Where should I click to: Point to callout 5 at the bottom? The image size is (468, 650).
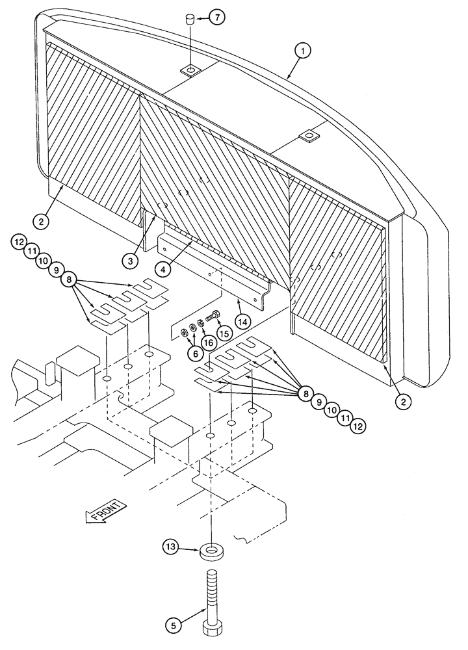(x=174, y=627)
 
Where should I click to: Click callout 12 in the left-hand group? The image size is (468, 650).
(x=18, y=243)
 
